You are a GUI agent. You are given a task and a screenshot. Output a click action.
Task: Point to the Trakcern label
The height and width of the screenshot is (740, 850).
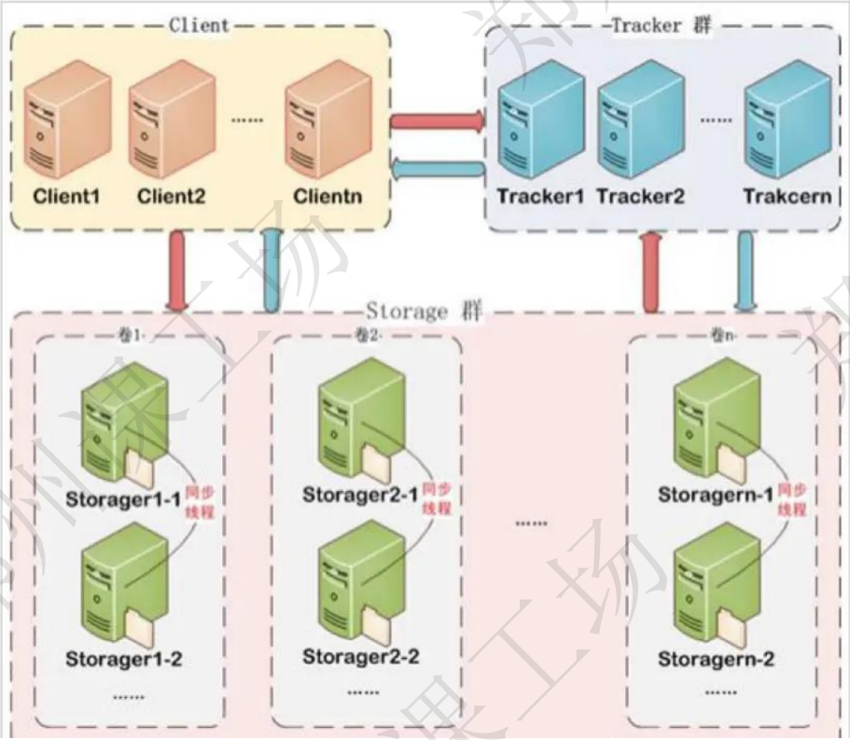click(787, 198)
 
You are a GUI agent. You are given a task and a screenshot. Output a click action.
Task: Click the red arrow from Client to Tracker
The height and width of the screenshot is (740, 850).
click(437, 121)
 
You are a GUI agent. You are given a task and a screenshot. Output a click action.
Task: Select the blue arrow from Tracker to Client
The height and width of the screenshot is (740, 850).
click(437, 169)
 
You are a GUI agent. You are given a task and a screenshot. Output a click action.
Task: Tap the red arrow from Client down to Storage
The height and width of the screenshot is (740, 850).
click(177, 271)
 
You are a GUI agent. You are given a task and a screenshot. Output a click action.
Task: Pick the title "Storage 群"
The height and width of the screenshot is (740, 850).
click(425, 311)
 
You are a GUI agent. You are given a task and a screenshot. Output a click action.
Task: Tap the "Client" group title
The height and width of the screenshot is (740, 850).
click(199, 24)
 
